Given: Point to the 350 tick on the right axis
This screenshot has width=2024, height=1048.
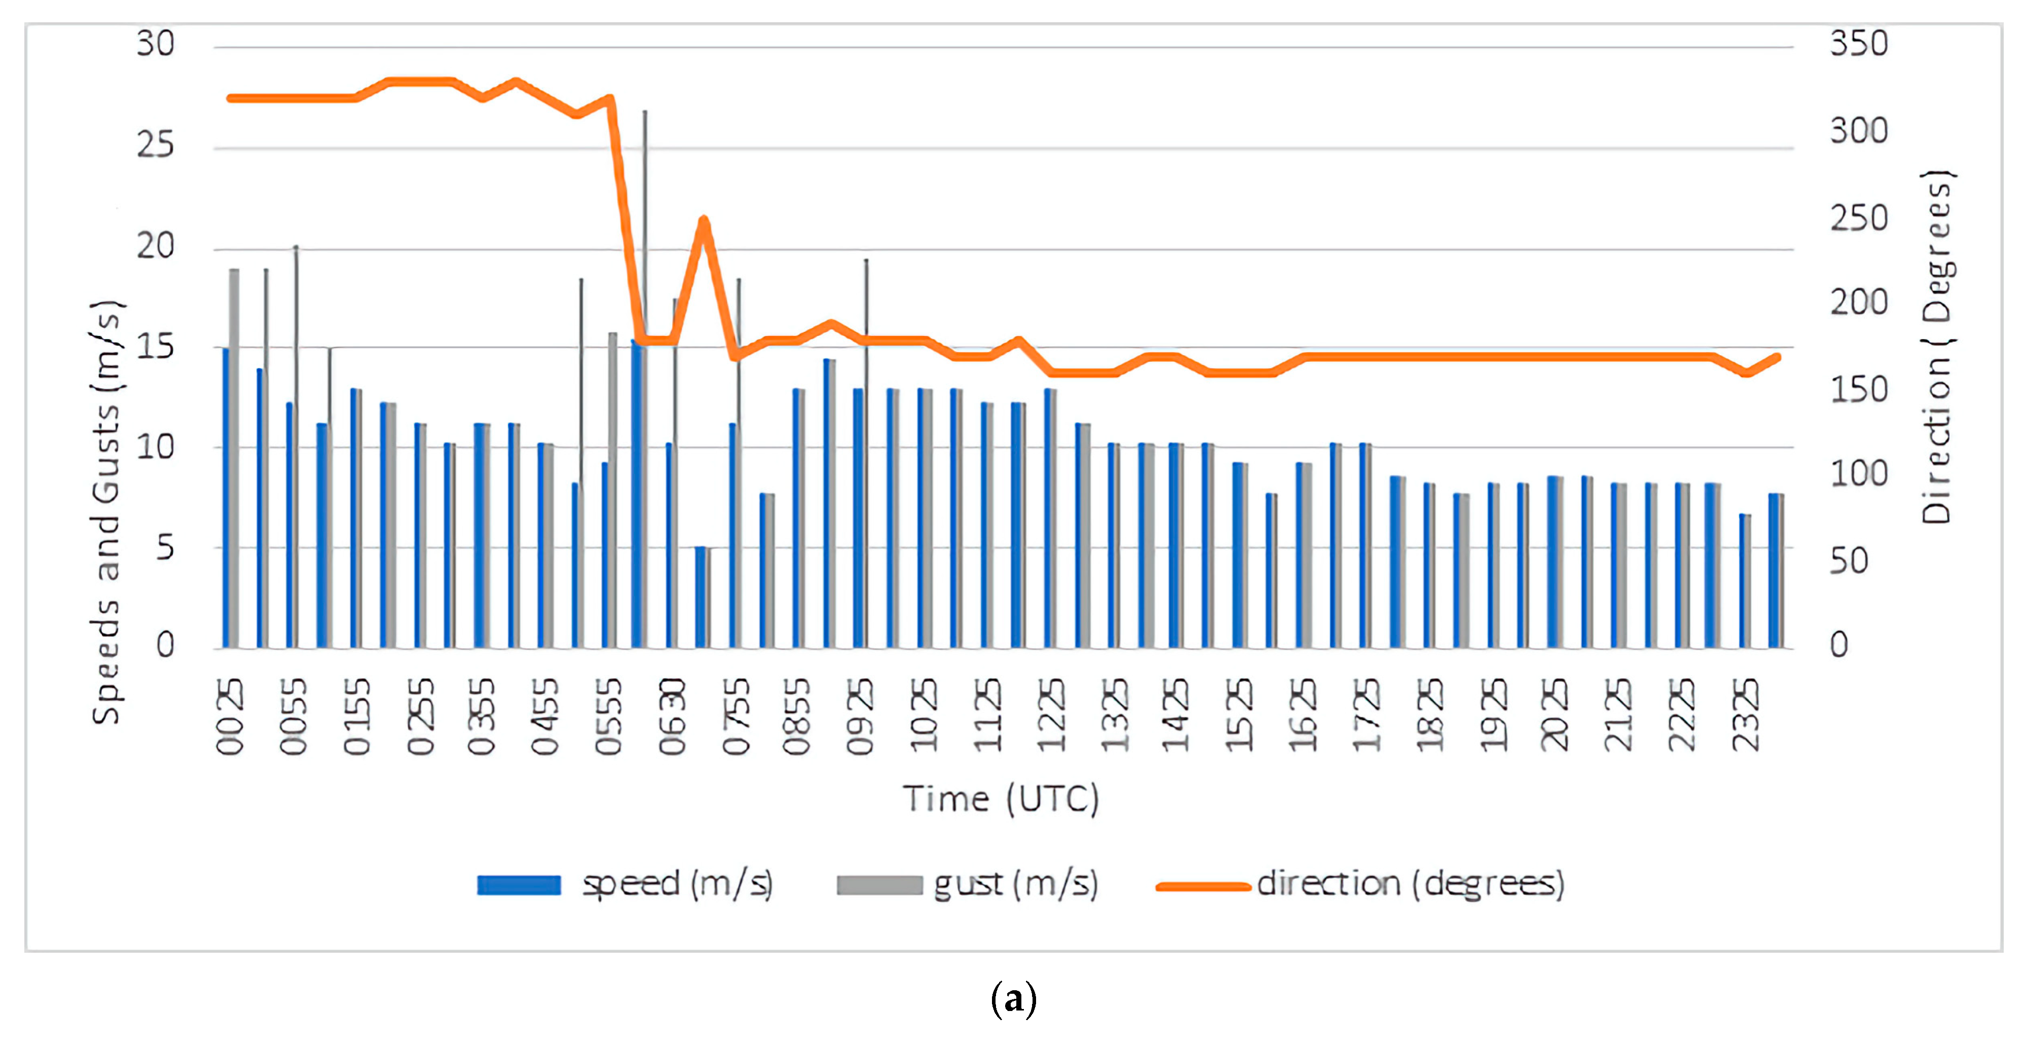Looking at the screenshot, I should coord(1858,44).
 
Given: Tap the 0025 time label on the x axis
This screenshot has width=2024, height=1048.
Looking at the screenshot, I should coord(230,717).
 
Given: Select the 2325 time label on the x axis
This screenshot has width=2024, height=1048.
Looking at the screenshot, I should coord(1746,717).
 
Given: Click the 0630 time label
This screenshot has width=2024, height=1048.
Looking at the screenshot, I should coord(673,717).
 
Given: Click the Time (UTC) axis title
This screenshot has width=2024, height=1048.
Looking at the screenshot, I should coord(1000,799).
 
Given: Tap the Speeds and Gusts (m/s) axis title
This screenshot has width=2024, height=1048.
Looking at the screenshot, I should coord(106,512).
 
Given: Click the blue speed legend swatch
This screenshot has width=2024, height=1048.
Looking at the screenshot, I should coord(519,885).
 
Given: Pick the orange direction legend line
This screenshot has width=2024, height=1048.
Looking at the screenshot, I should coord(1203,886).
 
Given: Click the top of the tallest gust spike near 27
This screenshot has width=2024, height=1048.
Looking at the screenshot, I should coord(645,113).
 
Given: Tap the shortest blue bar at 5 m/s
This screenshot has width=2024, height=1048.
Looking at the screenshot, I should coord(700,597).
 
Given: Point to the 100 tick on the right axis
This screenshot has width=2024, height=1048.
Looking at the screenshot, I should coord(1858,474).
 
